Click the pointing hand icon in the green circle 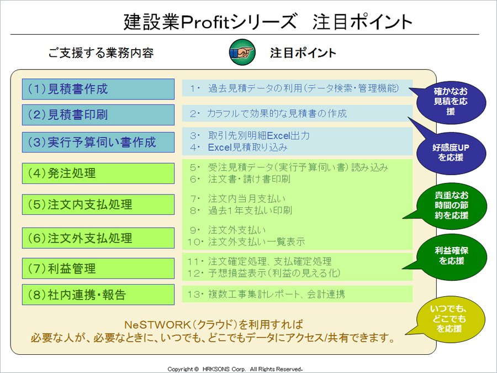coord(242,52)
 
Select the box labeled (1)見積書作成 coord(98,89)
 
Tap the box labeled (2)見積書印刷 coord(98,115)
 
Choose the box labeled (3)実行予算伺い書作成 coord(98,143)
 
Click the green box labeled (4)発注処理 coord(98,174)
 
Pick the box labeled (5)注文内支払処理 coord(98,204)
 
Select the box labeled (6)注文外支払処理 coord(98,238)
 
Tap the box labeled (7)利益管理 coord(98,269)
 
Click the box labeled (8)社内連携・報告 coord(98,295)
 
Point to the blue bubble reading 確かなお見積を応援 coord(451,102)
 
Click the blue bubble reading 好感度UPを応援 coord(451,153)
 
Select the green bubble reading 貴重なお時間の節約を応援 coord(451,206)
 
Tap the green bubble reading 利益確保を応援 coord(451,256)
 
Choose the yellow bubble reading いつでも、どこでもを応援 coord(450,319)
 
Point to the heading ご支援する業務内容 coord(101,52)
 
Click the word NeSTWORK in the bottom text coord(156,325)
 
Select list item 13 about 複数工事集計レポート coord(266,295)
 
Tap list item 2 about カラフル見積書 coord(268,113)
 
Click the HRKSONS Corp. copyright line coord(235,369)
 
